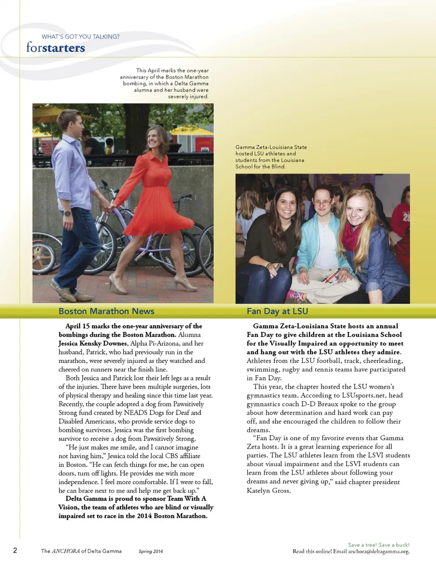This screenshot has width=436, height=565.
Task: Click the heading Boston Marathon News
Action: [x=106, y=311]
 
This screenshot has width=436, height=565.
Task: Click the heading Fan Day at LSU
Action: [x=277, y=311]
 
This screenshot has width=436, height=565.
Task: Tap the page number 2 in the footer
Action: [x=15, y=550]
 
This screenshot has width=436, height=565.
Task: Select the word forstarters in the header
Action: [x=55, y=48]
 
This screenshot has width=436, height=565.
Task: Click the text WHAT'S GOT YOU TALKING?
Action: [x=80, y=37]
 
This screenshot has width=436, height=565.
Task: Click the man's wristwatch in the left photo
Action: [x=68, y=213]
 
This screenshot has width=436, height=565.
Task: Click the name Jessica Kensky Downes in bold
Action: [x=93, y=344]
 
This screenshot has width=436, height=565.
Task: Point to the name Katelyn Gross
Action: [x=268, y=491]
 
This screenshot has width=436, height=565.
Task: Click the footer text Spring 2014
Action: [x=151, y=551]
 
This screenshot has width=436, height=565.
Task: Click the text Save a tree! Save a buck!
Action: [x=378, y=545]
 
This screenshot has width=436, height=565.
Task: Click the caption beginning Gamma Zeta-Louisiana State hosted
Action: [x=271, y=157]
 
